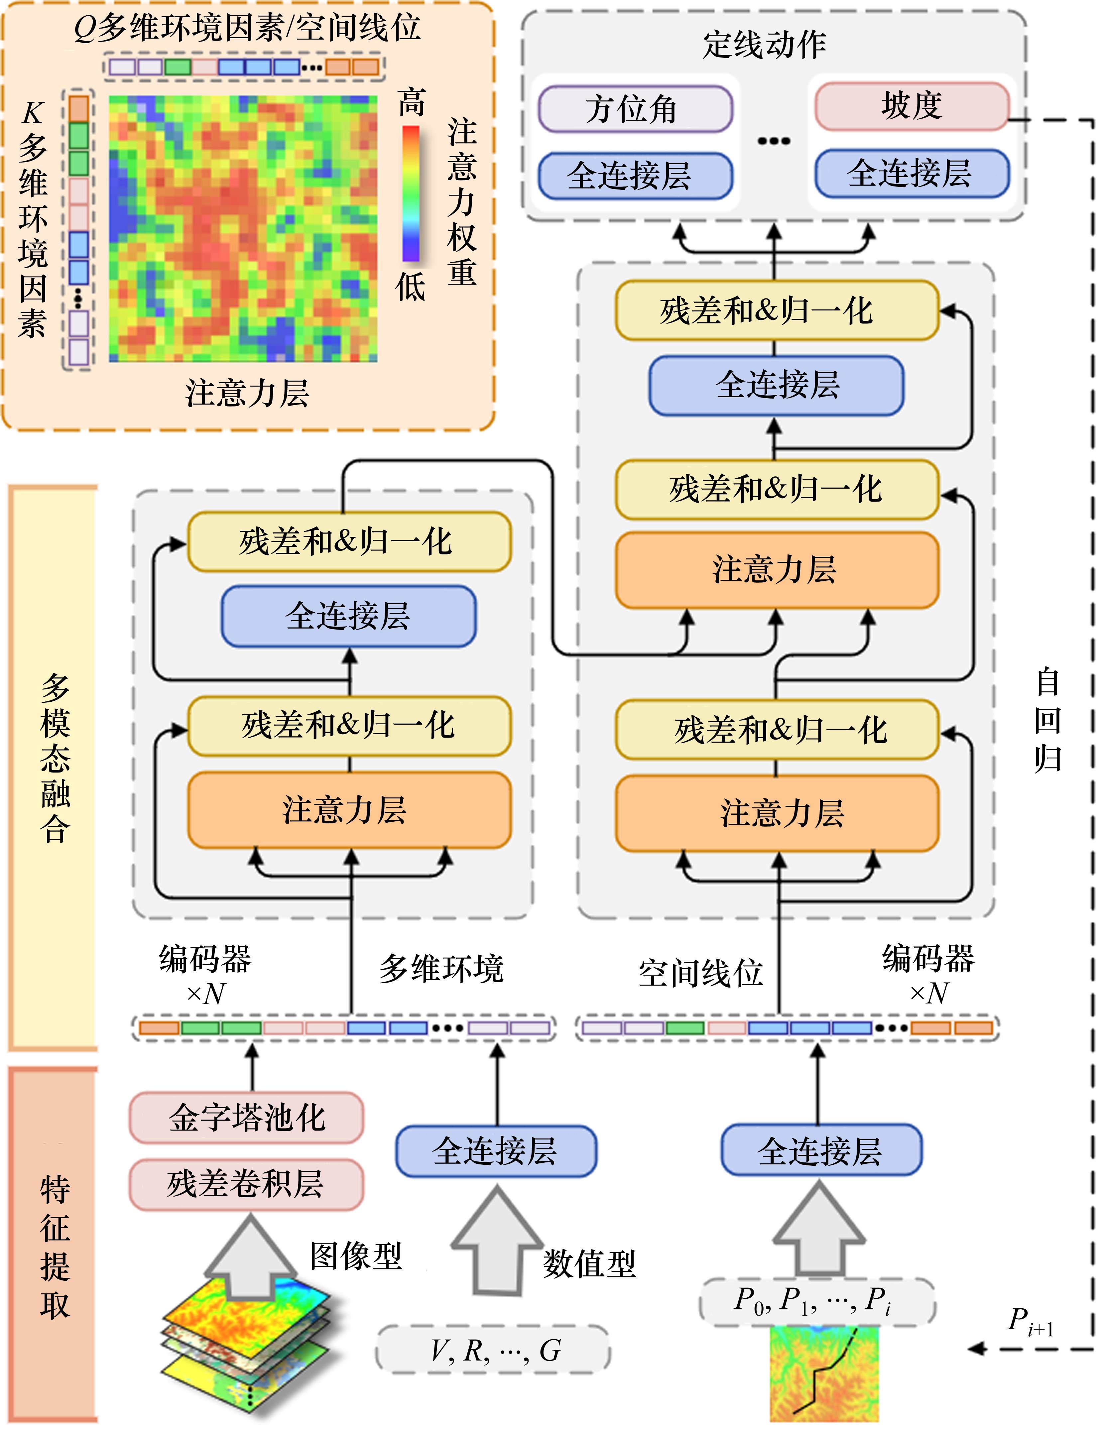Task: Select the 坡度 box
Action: tap(912, 106)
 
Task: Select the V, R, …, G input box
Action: tap(493, 1350)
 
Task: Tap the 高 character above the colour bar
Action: tap(412, 103)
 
